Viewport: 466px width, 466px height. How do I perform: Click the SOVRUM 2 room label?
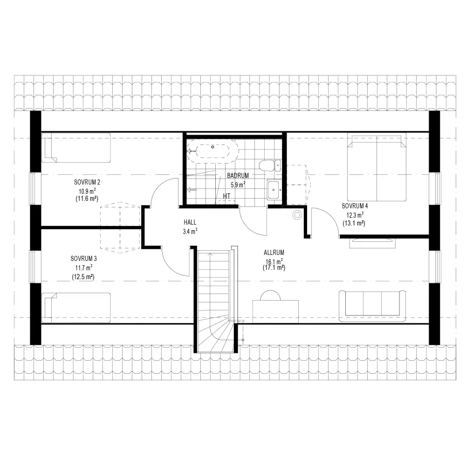tap(87, 182)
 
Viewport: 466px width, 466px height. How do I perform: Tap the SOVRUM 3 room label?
tap(83, 259)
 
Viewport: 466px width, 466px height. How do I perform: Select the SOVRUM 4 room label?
tap(355, 206)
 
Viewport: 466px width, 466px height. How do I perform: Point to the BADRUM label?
tap(238, 175)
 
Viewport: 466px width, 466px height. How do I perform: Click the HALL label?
tap(190, 222)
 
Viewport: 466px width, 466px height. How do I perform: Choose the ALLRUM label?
tap(274, 252)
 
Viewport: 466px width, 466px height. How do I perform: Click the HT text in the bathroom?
tap(227, 196)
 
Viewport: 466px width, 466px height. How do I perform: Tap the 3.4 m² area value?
tap(190, 231)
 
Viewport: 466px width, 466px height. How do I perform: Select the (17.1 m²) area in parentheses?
tap(274, 267)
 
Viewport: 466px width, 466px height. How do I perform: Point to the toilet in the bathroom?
tap(269, 165)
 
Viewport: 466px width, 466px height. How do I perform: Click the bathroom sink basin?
tap(274, 190)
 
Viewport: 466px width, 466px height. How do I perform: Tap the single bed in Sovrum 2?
tap(76, 148)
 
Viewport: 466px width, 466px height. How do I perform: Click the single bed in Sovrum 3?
tap(76, 308)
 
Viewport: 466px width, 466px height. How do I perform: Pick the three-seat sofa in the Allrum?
tap(372, 306)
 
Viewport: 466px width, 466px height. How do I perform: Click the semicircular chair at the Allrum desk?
tap(270, 295)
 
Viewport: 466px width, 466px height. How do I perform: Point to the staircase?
tap(214, 301)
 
